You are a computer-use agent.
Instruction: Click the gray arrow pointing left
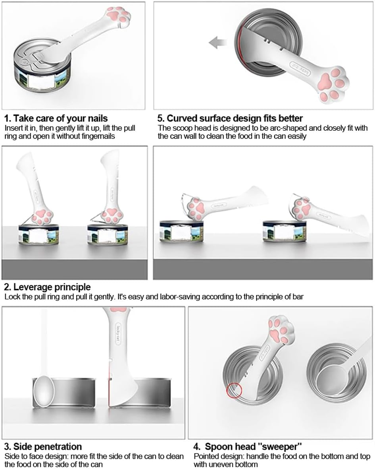(217, 43)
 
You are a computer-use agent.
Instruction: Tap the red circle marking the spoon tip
(234, 391)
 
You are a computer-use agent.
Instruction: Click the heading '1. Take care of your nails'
(56, 118)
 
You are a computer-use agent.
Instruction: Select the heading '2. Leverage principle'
(48, 287)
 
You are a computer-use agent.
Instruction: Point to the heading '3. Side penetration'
(43, 447)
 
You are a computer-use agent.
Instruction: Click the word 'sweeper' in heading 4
(280, 447)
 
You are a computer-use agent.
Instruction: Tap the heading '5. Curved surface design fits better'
(230, 118)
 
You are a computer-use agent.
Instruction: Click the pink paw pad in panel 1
(119, 15)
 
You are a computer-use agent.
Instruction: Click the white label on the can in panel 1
(42, 81)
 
